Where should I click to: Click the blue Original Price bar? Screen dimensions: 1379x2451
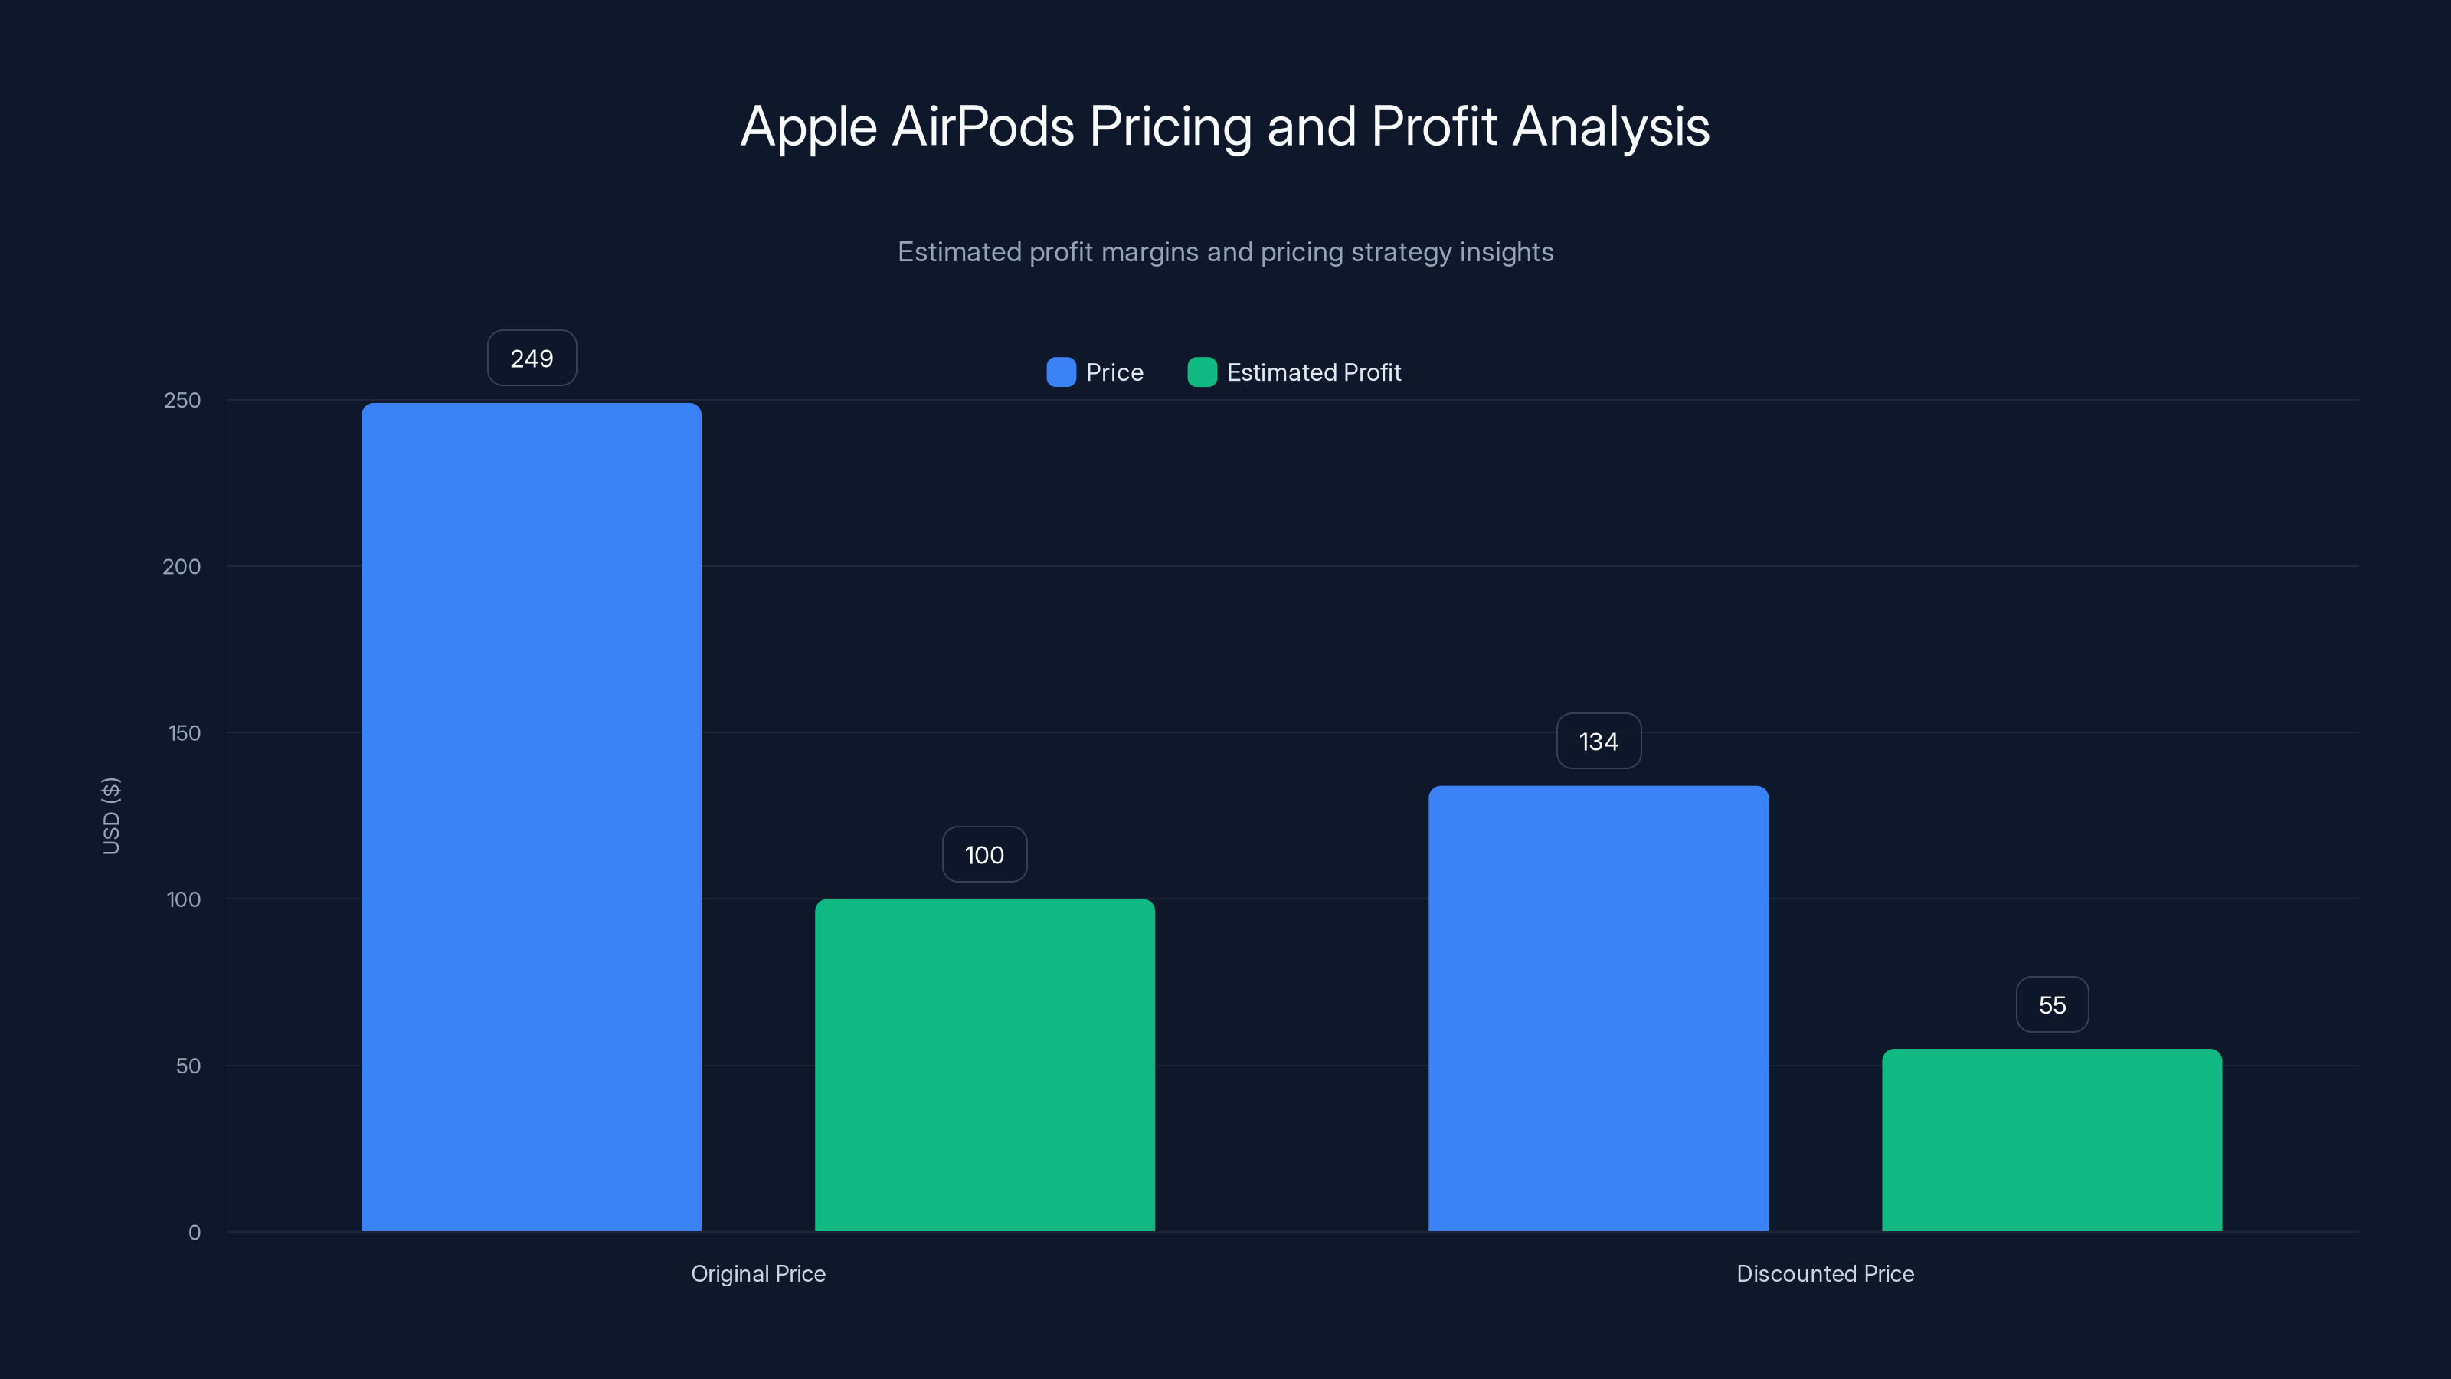click(531, 817)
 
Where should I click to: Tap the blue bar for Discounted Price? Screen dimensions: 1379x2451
click(1598, 1008)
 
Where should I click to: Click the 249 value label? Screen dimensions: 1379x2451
click(531, 359)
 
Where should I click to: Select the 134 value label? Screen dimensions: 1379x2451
click(1598, 742)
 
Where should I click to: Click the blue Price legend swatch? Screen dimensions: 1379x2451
click(1061, 372)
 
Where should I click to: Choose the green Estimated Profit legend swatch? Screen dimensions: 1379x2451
click(1202, 372)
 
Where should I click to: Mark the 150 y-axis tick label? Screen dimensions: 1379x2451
click(184, 733)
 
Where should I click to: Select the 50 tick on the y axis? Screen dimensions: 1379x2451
click(188, 1066)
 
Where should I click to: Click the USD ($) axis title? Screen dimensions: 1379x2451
click(111, 816)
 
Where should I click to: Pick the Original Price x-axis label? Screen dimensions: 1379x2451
click(758, 1273)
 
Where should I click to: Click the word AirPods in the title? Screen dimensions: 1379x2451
click(983, 126)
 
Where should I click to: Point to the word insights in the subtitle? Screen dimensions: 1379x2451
click(1505, 252)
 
